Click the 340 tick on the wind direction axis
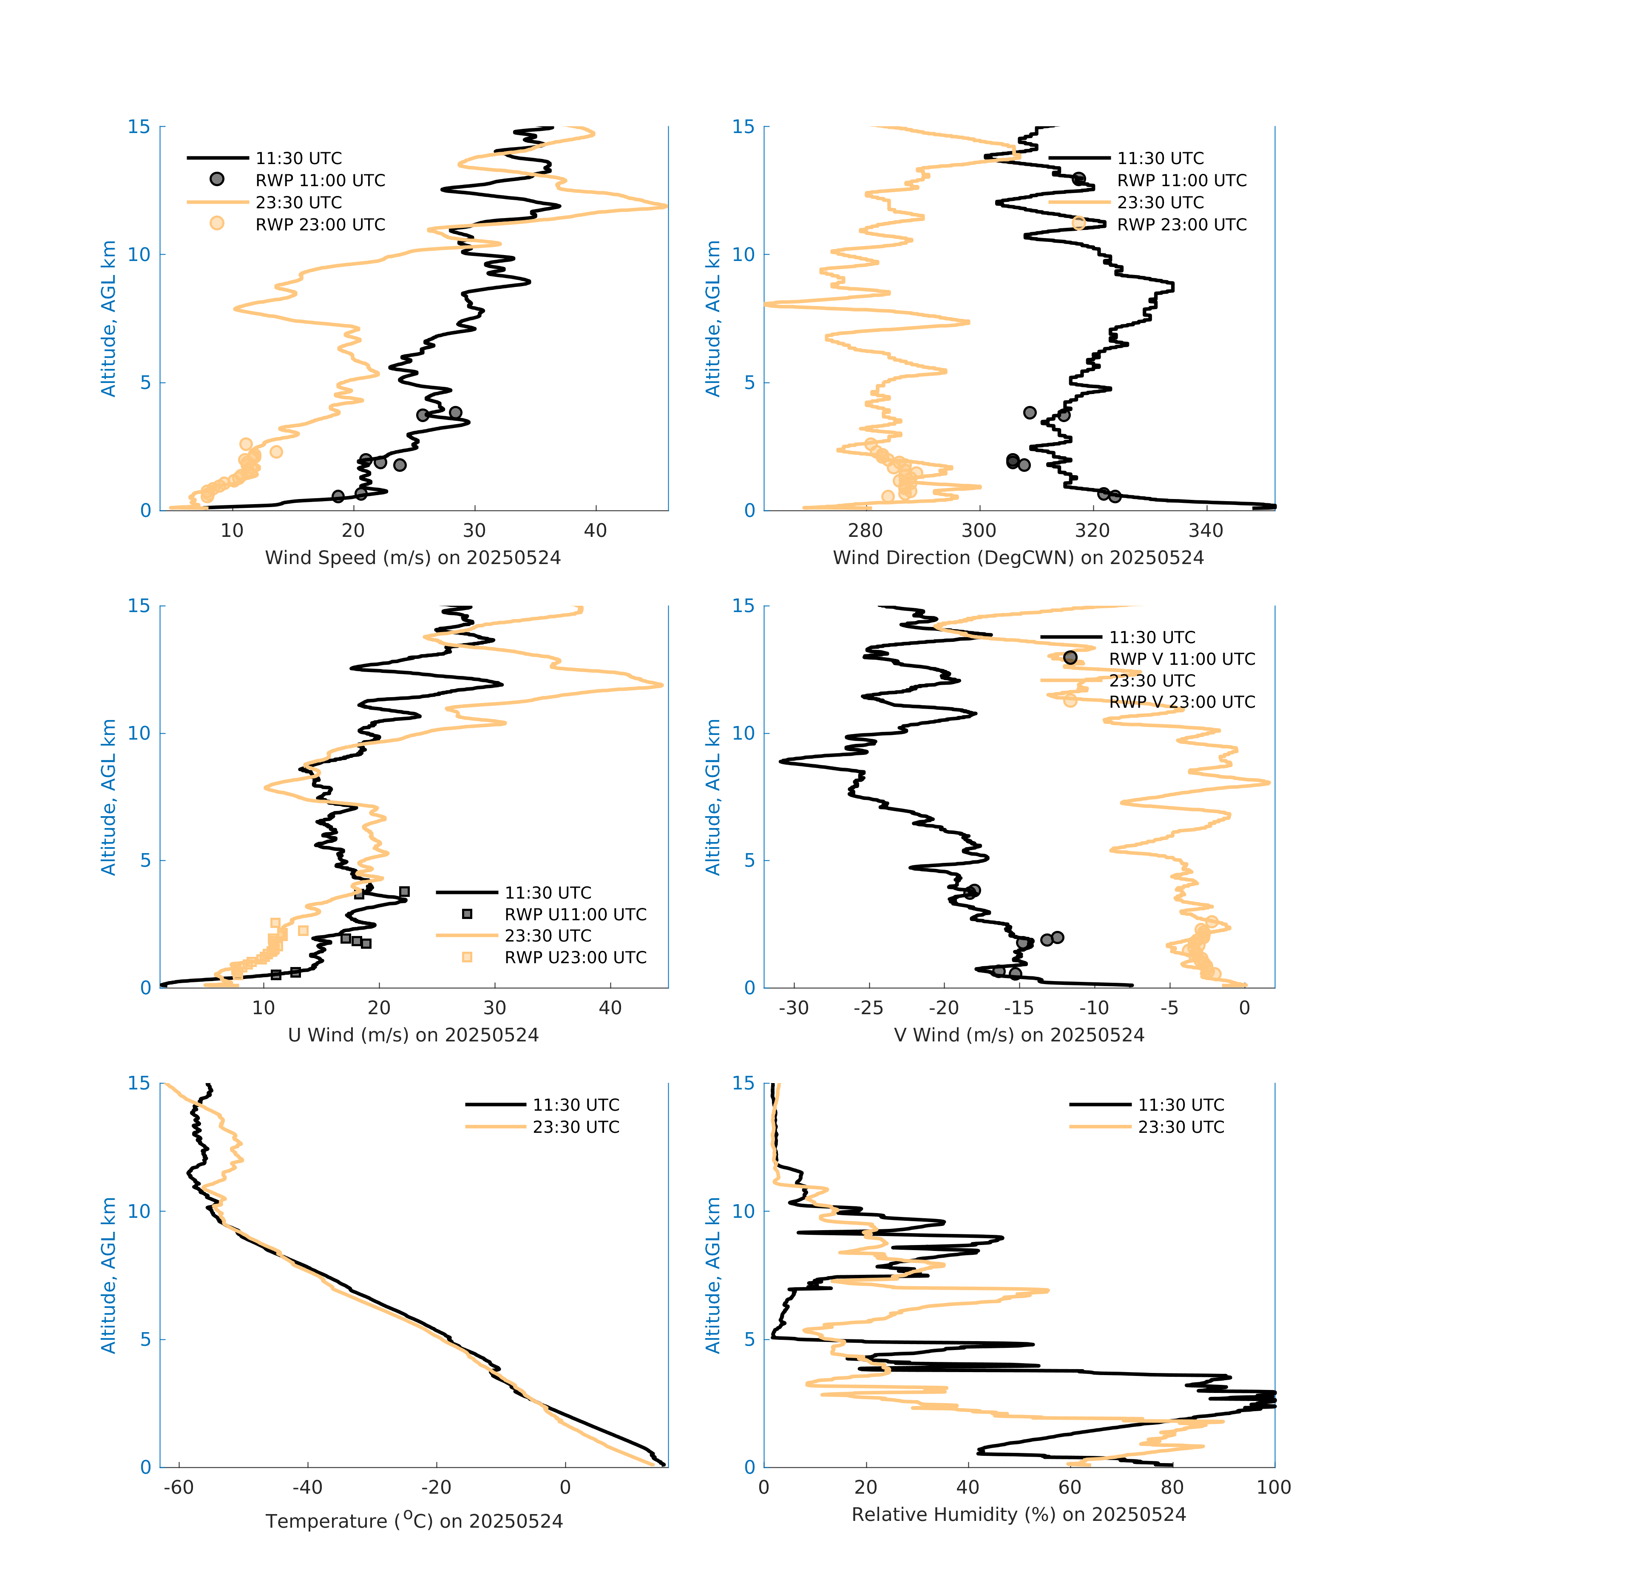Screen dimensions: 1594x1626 (1206, 531)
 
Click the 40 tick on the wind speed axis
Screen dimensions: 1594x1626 (595, 531)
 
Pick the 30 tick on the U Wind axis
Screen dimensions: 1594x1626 (495, 1008)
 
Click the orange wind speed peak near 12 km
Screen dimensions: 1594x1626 (666, 206)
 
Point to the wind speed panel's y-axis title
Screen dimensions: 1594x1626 (108, 318)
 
